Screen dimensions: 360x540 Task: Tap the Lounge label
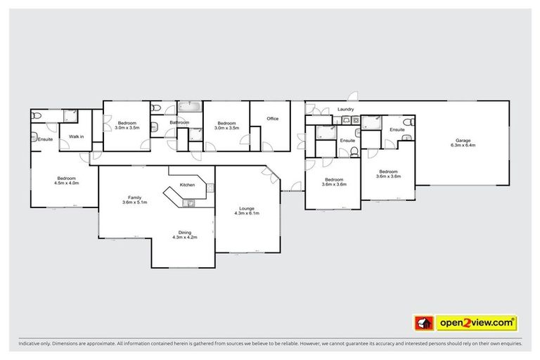coord(247,207)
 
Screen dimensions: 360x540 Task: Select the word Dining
coord(184,233)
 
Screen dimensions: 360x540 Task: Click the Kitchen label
coord(188,185)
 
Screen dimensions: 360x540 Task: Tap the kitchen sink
coord(188,203)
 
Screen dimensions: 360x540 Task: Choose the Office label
coord(272,119)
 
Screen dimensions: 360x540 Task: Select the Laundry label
coord(345,110)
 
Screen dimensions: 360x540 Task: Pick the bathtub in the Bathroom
coord(189,107)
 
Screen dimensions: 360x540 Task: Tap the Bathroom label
coord(179,122)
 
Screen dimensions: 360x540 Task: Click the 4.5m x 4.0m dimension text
coord(67,183)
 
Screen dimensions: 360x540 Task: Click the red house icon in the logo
coord(423,323)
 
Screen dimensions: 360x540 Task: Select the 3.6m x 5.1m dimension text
coord(134,202)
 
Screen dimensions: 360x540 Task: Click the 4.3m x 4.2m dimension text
coord(184,238)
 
